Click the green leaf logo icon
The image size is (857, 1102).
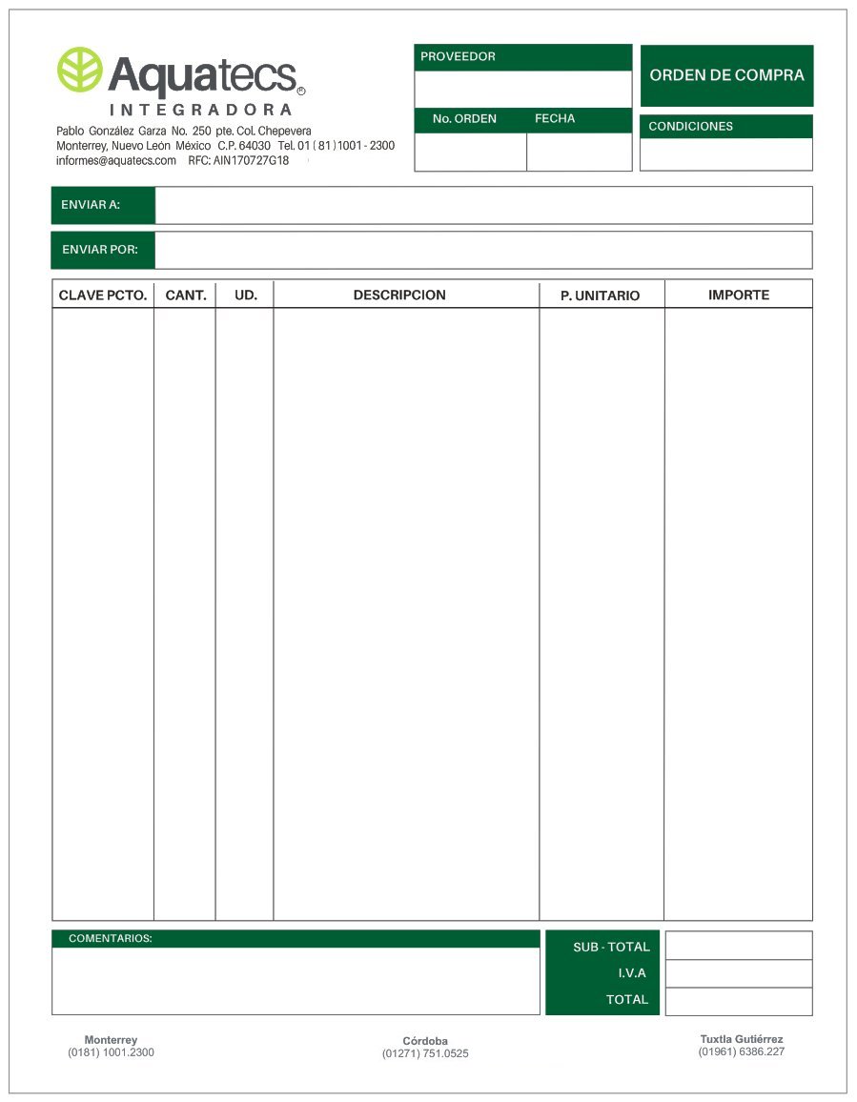[x=80, y=70]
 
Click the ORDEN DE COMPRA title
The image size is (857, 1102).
[x=726, y=75]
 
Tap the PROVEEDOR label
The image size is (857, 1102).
[x=458, y=57]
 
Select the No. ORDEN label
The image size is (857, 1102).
[x=464, y=119]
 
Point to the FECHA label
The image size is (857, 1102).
[x=555, y=119]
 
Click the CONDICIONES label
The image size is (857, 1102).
[x=690, y=127]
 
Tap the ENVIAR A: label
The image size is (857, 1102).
[x=91, y=205]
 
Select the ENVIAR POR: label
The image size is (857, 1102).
[x=100, y=250]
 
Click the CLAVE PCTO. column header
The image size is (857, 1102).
[x=103, y=296]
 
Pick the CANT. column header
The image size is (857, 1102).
[x=186, y=296]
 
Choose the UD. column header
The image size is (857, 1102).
[x=246, y=296]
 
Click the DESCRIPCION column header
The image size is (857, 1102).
[x=399, y=296]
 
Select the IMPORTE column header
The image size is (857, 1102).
[x=739, y=296]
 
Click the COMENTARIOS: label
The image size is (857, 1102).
[x=111, y=939]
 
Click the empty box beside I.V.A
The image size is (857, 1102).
[x=739, y=973]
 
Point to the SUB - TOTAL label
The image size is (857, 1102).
[x=611, y=948]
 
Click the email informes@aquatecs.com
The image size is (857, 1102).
[x=116, y=161]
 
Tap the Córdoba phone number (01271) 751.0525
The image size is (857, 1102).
[x=425, y=1054]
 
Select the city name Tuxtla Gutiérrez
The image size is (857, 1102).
[x=742, y=1039]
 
